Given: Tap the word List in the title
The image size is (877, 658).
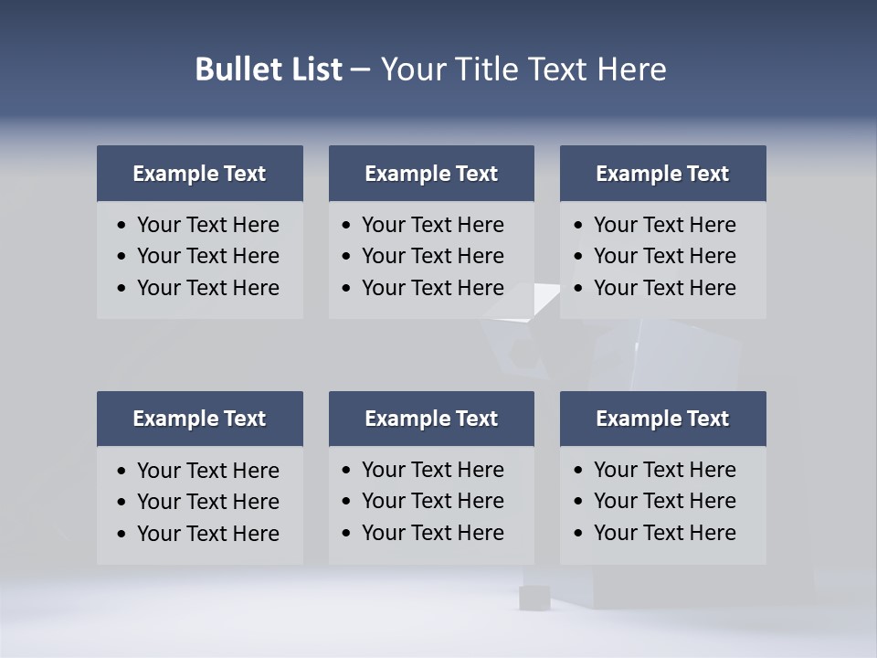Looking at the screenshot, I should (316, 69).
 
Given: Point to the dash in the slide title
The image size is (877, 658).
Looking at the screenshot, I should (360, 69).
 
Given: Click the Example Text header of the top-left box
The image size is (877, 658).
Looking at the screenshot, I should (199, 174).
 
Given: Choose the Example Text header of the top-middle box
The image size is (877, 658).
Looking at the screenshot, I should (431, 174).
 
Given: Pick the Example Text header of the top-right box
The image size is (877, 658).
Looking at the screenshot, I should (662, 174).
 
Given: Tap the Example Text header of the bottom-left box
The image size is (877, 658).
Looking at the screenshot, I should (199, 419).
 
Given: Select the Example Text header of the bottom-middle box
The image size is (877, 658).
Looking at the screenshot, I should (431, 419).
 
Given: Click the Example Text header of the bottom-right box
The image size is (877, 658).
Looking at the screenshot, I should (662, 419).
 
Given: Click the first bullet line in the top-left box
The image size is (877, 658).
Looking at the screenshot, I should (207, 225).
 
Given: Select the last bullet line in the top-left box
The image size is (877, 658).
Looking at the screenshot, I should (207, 288).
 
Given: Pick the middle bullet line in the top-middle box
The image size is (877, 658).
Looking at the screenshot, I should (432, 256).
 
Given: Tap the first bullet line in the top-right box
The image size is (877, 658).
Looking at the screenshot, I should (664, 225).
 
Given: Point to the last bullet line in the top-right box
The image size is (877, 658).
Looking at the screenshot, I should (664, 288).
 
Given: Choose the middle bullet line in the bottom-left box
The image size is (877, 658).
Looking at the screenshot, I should (207, 502).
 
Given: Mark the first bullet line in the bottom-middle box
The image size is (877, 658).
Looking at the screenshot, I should (432, 470).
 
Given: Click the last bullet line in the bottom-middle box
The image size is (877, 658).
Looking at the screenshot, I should (432, 533).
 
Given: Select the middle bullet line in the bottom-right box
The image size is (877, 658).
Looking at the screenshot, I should (664, 501).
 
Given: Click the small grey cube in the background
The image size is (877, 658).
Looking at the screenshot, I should (533, 598).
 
